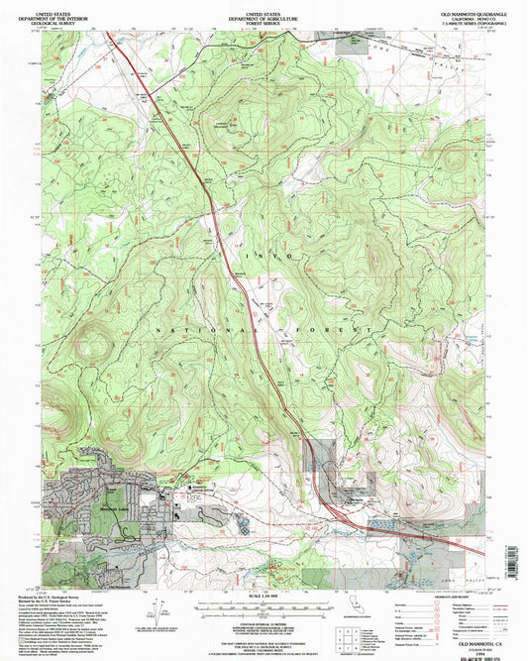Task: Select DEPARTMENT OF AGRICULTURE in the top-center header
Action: pyautogui.click(x=264, y=13)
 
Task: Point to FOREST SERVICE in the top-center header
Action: pyautogui.click(x=264, y=18)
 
